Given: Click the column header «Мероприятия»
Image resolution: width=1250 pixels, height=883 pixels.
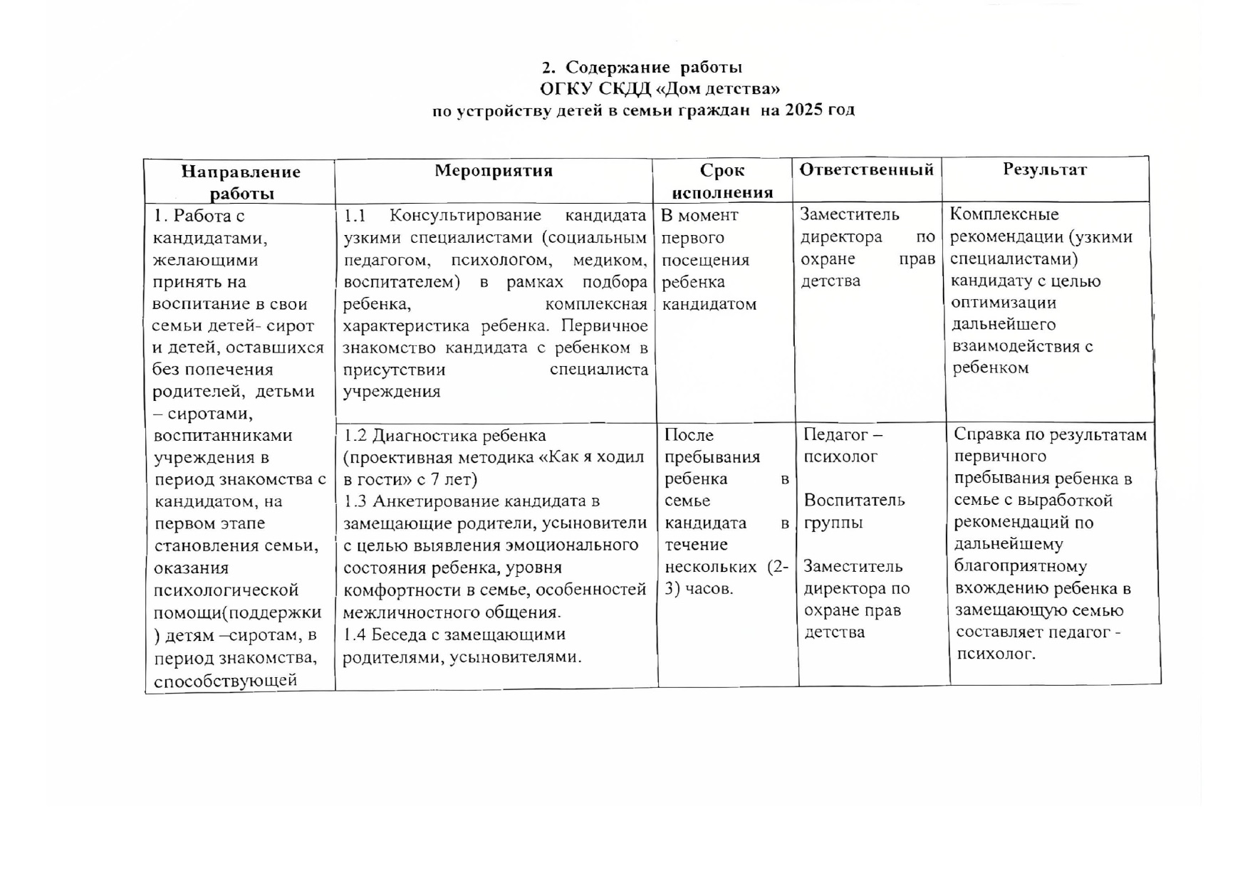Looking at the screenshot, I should pos(494,171).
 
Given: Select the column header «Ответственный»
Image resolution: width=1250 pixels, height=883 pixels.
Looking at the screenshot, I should pos(866,169).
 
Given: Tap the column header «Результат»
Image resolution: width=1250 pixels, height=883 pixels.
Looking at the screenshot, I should pos(1045,169).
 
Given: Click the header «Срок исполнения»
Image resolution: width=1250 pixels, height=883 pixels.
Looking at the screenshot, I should pos(722,181).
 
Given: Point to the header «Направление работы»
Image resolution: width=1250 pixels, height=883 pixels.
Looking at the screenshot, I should pos(241,182).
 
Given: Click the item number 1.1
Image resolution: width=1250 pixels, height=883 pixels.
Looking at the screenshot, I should pos(355,216).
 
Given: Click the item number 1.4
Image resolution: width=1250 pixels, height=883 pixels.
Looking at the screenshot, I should pos(355,634).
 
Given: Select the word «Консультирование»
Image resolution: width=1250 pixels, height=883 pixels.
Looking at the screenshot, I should pos(465,216).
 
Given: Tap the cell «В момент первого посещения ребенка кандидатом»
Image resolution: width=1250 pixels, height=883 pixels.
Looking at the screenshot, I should pos(709,260).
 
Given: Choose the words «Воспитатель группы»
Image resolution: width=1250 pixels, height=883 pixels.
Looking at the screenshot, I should pos(854,511).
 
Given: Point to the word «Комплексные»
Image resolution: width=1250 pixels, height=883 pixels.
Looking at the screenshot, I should pos(1004,214).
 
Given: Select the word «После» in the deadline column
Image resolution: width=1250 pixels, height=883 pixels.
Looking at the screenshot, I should pos(689,435).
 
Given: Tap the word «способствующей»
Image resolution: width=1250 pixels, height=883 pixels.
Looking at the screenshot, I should pos(225,680).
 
